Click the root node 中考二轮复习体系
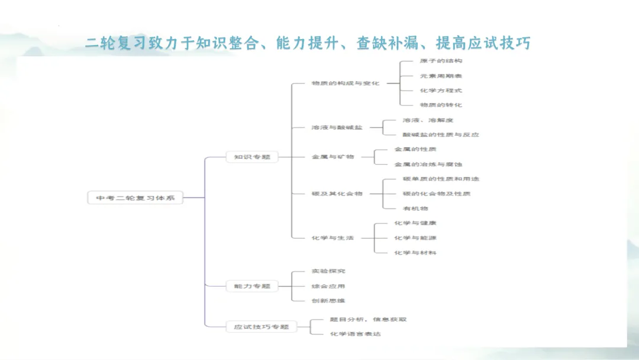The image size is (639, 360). click(x=135, y=198)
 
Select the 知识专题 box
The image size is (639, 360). click(x=252, y=157)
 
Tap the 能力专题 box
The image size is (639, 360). click(x=252, y=286)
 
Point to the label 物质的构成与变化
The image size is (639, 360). click(x=346, y=83)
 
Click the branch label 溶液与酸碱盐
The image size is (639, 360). click(x=337, y=127)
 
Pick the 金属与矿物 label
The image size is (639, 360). click(x=333, y=157)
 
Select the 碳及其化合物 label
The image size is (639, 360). click(x=337, y=194)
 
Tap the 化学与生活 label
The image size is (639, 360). click(x=333, y=237)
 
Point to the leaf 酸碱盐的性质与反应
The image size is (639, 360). click(x=440, y=134)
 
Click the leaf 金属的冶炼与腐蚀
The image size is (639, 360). click(x=428, y=164)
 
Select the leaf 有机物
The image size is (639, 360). click(x=415, y=208)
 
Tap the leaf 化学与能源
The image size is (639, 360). click(x=415, y=237)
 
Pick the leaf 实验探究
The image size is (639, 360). click(x=328, y=271)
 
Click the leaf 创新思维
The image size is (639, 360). click(x=328, y=301)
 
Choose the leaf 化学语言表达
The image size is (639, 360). click(x=355, y=334)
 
